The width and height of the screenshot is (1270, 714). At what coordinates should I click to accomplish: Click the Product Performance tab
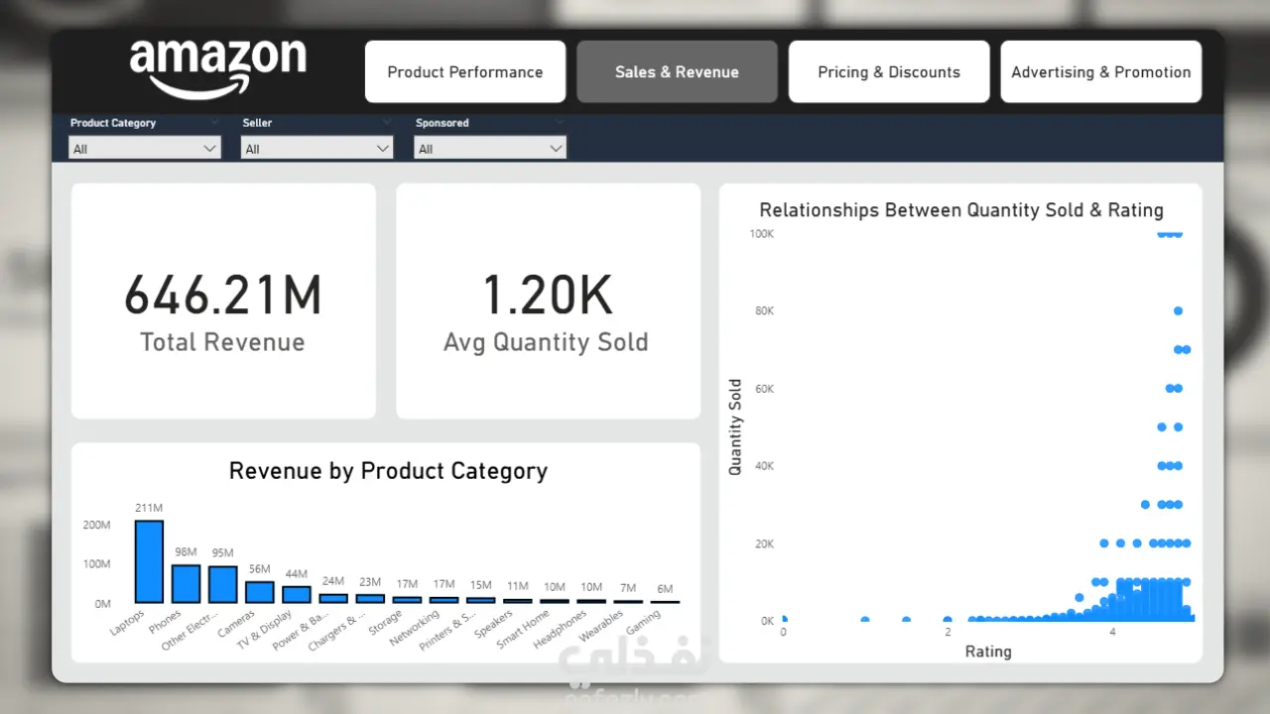[x=464, y=71]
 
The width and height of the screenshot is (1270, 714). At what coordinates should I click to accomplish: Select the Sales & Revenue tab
[x=677, y=71]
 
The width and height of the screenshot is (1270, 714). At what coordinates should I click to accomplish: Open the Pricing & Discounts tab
[x=889, y=71]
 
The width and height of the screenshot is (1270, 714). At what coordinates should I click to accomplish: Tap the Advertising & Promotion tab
[x=1100, y=71]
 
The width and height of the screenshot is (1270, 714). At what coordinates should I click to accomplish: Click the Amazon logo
[x=217, y=67]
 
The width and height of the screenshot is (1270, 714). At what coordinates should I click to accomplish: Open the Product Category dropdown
[x=145, y=149]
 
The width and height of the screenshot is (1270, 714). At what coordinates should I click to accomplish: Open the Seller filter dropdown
[x=317, y=149]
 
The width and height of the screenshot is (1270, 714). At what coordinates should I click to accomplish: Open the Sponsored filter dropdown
[x=490, y=149]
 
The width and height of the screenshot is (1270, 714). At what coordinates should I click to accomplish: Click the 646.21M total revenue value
[x=223, y=296]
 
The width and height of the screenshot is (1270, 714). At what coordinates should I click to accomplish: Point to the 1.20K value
[x=548, y=296]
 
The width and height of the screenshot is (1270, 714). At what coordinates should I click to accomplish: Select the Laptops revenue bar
[x=149, y=561]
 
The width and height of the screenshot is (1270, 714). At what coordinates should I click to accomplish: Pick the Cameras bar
[x=260, y=591]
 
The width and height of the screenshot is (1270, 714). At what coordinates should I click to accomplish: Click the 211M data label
[x=149, y=509]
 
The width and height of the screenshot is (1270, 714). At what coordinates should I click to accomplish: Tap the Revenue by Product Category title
[x=388, y=471]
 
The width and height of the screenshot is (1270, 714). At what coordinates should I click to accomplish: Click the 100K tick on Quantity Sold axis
[x=762, y=234]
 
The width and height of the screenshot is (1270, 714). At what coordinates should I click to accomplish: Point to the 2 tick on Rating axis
[x=948, y=632]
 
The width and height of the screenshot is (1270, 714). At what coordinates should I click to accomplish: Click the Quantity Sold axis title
[x=735, y=427]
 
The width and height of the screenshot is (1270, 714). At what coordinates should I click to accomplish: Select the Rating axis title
[x=988, y=652]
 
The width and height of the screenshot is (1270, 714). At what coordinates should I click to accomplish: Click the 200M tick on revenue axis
[x=96, y=525]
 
